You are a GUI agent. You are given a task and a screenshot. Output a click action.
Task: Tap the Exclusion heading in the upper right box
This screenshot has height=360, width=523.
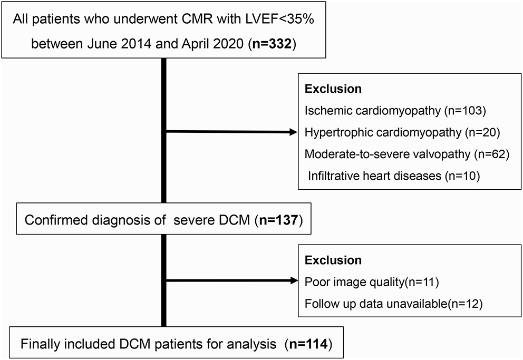[x=333, y=89]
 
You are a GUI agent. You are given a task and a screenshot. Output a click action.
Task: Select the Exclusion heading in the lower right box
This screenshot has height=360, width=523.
[x=333, y=260]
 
